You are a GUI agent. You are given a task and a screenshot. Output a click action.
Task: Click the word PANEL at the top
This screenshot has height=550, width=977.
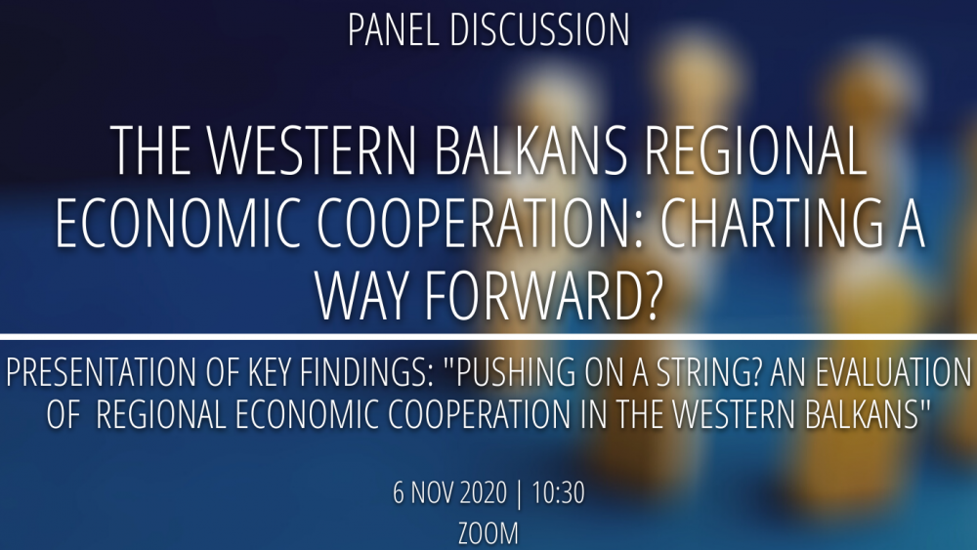393,29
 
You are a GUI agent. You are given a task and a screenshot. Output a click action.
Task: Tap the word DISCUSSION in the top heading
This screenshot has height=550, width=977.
539,29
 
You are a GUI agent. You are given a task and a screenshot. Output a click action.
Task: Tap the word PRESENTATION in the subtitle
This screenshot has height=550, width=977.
101,372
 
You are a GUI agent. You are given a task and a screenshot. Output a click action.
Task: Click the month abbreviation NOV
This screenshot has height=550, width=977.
431,492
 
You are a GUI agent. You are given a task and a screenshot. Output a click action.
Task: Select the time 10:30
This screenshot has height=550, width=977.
558,492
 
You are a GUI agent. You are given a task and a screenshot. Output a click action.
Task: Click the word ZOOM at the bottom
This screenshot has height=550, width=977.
488,533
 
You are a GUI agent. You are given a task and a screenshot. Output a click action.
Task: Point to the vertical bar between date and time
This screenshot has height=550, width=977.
519,493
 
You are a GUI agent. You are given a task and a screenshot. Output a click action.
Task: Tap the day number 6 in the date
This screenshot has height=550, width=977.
399,492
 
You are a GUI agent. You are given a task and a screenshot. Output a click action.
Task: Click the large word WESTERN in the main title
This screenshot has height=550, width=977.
312,150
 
